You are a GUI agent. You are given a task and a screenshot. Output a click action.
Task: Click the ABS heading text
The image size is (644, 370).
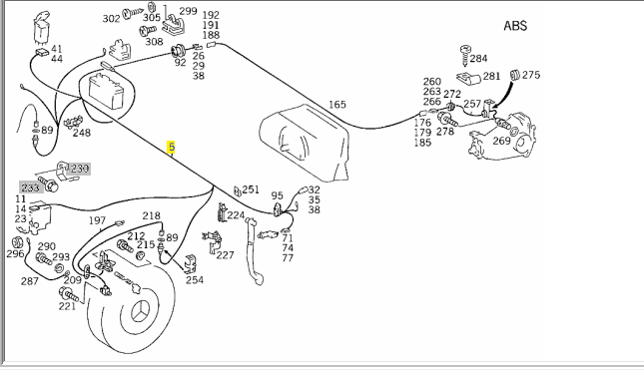(x=515, y=26)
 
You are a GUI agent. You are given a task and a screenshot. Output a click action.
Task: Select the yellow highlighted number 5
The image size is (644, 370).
(x=172, y=147)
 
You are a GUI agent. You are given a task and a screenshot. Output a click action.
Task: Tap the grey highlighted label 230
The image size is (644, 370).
(x=80, y=169)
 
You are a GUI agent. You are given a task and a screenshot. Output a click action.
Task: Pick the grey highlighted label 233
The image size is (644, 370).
(x=30, y=187)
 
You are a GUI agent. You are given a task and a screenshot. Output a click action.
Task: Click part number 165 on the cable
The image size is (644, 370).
(x=337, y=105)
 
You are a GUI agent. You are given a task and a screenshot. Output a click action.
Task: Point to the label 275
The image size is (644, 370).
(x=531, y=75)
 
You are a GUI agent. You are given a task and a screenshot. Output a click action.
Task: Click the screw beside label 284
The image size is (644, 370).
(x=465, y=56)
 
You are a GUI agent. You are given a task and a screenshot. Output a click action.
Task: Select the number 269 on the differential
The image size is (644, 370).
(x=501, y=141)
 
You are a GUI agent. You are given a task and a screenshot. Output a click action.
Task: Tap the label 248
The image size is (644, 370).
(x=82, y=133)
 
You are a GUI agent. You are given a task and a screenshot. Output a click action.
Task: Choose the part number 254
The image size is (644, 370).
(x=195, y=280)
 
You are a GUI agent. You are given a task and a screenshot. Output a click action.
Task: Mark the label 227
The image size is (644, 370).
(x=225, y=255)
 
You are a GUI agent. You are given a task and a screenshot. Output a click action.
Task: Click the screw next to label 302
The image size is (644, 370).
(x=133, y=14)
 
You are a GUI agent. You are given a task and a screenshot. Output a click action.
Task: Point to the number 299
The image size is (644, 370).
(x=189, y=11)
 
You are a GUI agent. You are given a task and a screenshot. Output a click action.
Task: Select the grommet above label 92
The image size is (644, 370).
(x=178, y=51)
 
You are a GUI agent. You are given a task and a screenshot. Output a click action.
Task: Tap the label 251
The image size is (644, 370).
(x=251, y=189)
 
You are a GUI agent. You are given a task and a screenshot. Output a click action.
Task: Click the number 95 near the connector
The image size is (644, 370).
(x=278, y=195)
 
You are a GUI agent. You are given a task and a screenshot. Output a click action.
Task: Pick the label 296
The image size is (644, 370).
(x=15, y=254)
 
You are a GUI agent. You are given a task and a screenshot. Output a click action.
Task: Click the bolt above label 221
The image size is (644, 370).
(x=69, y=294)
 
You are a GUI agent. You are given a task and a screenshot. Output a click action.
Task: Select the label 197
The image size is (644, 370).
(x=97, y=220)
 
